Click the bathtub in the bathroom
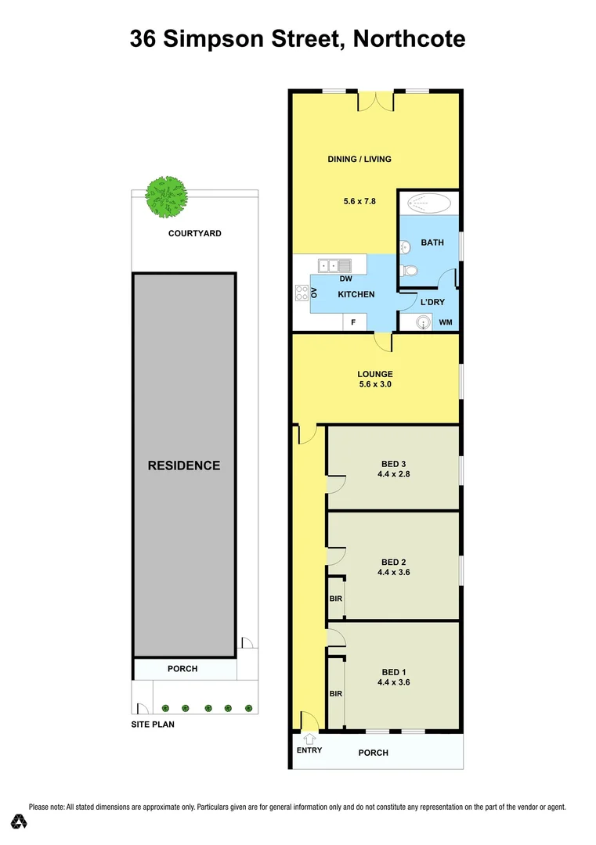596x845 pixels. pyautogui.click(x=428, y=205)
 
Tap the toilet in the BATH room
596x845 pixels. pyautogui.click(x=409, y=271)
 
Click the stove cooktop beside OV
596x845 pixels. pyautogui.click(x=302, y=293)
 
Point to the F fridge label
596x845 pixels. pyautogui.click(x=353, y=322)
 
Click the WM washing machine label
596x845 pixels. pyautogui.click(x=446, y=322)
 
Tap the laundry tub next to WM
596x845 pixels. pyautogui.click(x=423, y=322)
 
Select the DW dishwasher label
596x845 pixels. pyautogui.click(x=345, y=279)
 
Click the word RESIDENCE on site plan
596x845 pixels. pyautogui.click(x=184, y=466)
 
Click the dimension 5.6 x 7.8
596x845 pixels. pyautogui.click(x=359, y=201)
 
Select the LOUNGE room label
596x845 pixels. pyautogui.click(x=374, y=374)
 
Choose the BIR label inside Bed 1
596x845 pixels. pyautogui.click(x=335, y=694)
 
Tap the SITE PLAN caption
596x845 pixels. pyautogui.click(x=152, y=725)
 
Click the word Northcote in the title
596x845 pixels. pyautogui.click(x=409, y=38)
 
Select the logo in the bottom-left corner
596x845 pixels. pyautogui.click(x=20, y=822)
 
